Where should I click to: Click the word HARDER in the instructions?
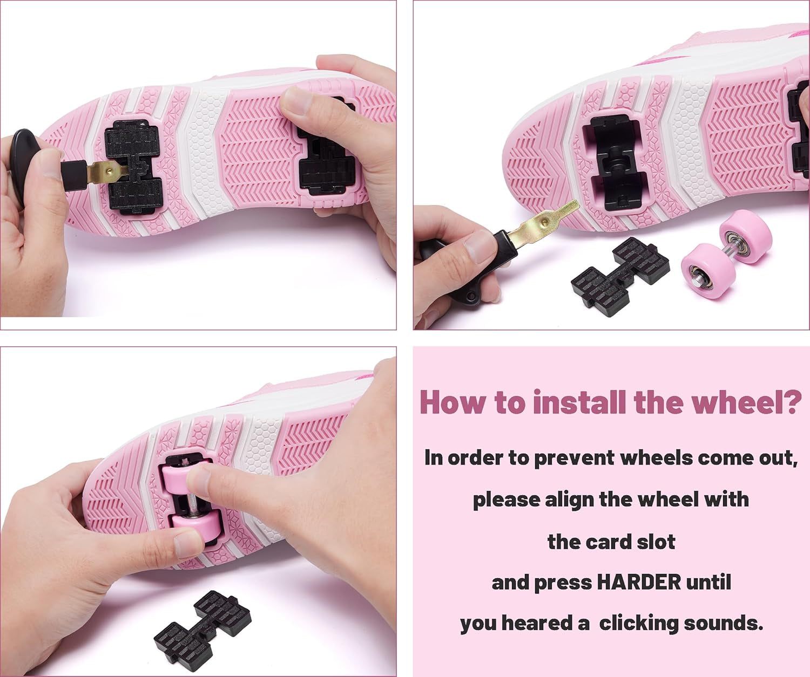point(639,583)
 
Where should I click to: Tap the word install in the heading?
point(580,402)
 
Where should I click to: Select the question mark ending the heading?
point(789,402)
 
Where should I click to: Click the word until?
point(708,583)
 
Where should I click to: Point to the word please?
point(506,501)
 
